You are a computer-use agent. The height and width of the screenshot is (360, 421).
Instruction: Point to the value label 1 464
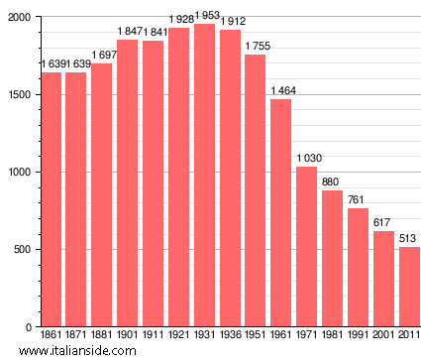[283, 91]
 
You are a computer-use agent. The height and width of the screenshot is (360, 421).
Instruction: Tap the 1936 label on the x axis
[231, 335]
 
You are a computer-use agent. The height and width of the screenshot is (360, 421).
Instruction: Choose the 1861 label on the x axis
[51, 335]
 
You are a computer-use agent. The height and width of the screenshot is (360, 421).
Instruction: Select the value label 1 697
[103, 55]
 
